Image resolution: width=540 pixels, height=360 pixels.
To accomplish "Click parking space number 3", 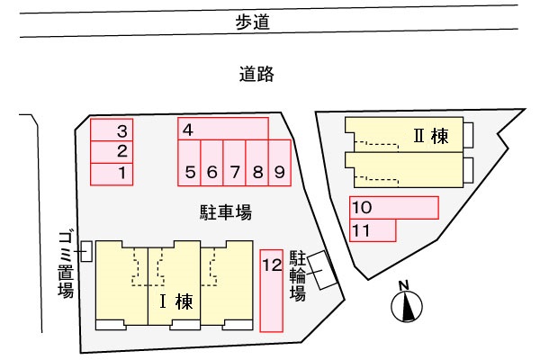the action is coord(112,130).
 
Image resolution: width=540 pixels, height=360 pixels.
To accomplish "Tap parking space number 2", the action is coord(112,152).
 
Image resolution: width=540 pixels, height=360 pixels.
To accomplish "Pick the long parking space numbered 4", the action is coord(223,129).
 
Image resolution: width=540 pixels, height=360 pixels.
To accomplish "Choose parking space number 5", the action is coord(189,163).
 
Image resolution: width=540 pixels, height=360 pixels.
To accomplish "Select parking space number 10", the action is coord(394,208).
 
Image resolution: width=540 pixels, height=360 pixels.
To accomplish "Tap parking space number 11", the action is coord(373,230).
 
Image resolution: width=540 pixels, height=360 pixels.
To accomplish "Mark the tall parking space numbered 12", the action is coord(272,291).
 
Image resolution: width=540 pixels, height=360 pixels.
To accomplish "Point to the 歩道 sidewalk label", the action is coord(252,22).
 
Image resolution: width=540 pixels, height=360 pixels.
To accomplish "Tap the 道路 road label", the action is coord(256,74).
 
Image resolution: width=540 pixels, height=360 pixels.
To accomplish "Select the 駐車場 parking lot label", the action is coord(226,212).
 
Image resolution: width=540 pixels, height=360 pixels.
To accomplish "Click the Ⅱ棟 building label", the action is coord(431,136).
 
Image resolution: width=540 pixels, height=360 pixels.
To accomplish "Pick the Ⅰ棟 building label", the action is coord(176,301).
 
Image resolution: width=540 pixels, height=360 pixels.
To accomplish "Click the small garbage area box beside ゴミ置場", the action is coord(86,251).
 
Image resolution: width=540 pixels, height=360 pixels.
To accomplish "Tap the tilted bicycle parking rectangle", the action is coord(322,270).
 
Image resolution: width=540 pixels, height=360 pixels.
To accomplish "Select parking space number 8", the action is coord(257,163).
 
